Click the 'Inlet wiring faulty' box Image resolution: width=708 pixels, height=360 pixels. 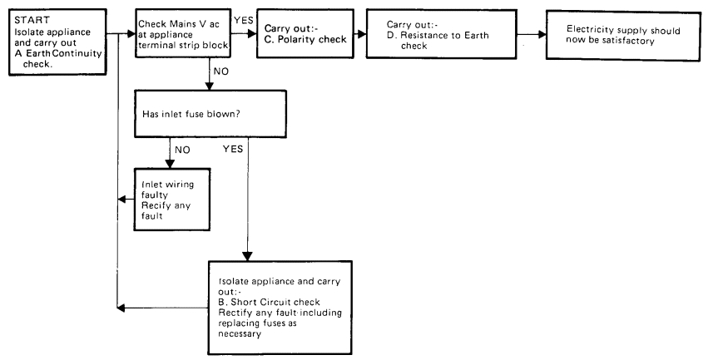click(166, 198)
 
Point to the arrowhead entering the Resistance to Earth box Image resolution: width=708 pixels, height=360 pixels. click(362, 34)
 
